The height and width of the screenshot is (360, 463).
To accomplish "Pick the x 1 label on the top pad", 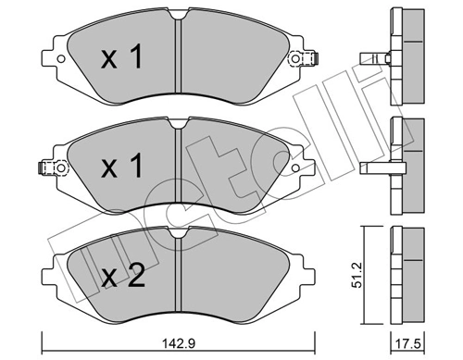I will click(x=121, y=59).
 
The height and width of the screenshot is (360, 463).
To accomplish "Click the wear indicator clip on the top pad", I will click(x=298, y=61).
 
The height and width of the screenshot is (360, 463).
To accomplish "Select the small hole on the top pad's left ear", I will click(x=61, y=62).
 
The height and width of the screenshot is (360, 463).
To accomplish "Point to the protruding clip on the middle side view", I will click(x=375, y=168).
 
